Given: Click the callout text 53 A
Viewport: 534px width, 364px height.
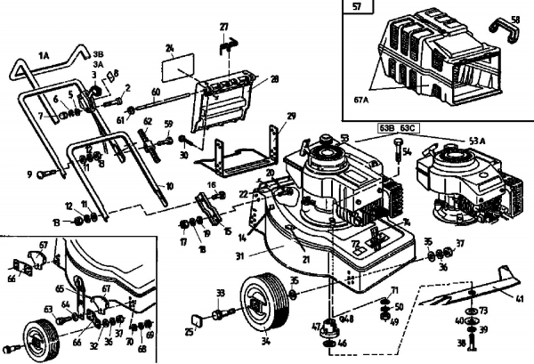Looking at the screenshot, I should point(477,139).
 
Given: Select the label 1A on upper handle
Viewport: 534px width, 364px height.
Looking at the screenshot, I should point(44,55).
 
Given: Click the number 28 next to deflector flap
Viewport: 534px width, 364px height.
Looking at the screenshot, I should point(274,79).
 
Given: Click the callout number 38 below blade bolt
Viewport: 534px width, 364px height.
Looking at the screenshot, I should point(460,342).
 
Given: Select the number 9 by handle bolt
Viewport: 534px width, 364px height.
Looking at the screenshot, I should point(28,174).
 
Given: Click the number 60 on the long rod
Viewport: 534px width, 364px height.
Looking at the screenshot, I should point(155,93).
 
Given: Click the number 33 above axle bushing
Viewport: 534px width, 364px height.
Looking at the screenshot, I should point(221,292).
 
